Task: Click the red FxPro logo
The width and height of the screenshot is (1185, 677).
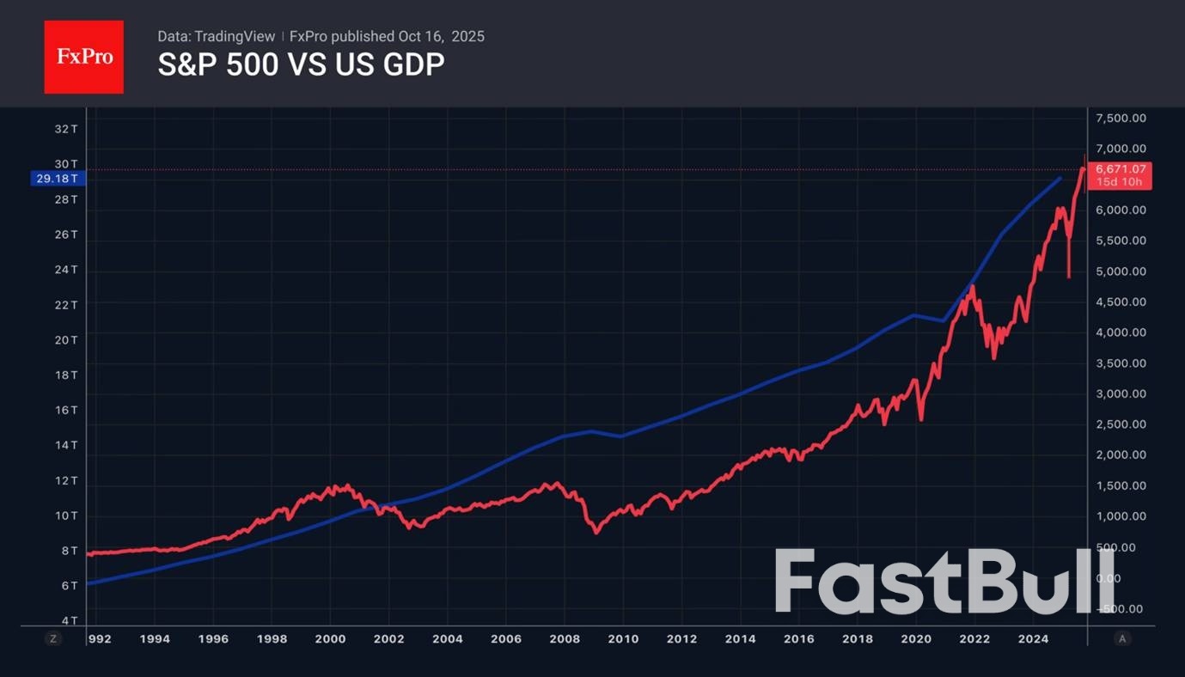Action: coord(83,57)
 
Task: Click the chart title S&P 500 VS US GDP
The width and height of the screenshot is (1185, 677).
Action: coord(301,65)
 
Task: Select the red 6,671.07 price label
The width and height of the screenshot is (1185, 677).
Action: coord(1121,169)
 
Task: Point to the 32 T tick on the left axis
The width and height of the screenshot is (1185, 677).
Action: coord(67,129)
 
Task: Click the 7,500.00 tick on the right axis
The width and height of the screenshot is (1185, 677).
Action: coord(1121,119)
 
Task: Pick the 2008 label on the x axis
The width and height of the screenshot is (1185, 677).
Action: coord(565,638)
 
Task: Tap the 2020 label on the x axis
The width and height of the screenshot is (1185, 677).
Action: coord(916,638)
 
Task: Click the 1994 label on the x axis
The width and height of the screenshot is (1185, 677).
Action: coord(155,638)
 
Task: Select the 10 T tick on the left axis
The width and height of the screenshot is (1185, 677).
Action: coord(67,515)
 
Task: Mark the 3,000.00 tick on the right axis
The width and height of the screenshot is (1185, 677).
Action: coord(1121,393)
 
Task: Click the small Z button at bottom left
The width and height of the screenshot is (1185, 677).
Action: coord(52,638)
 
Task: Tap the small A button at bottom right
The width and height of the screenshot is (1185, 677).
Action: coord(1121,638)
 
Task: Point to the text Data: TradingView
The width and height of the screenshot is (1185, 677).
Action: coord(217,36)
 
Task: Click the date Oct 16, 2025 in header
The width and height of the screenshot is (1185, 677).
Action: coord(441,36)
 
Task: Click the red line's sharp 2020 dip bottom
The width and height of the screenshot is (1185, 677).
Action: coord(921,419)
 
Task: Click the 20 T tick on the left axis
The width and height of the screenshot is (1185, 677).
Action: coord(67,340)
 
